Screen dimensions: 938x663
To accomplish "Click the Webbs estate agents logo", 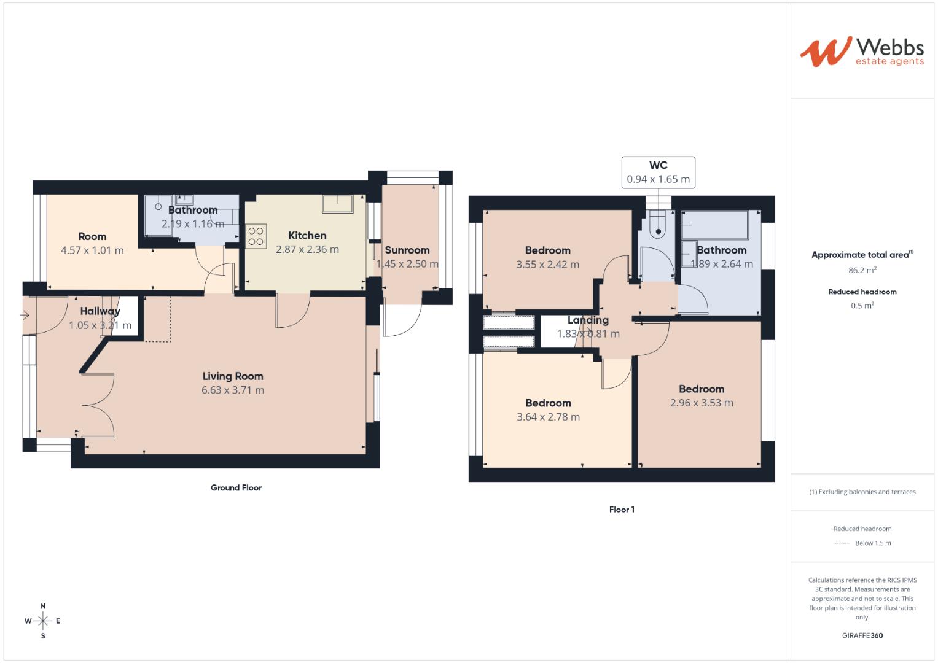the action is [862, 52].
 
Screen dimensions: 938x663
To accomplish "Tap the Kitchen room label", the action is [307, 236].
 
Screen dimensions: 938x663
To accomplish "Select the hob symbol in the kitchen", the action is [256, 236].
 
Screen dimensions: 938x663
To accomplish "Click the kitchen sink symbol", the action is [337, 204].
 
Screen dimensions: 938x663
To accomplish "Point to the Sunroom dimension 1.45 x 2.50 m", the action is [407, 264].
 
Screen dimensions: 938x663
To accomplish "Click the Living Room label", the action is [233, 376].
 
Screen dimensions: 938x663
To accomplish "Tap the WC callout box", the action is [658, 172].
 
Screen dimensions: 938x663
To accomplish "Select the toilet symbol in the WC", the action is [658, 225].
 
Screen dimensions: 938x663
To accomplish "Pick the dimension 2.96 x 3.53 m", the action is [702, 403].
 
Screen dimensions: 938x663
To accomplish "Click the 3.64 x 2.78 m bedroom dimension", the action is [548, 417].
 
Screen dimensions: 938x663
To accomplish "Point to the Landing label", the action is [588, 320].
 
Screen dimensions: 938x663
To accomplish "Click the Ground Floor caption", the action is [236, 487].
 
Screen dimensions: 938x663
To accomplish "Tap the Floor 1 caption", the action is [622, 510].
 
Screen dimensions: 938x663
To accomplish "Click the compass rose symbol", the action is [43, 621].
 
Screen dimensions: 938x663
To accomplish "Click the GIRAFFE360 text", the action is [862, 635].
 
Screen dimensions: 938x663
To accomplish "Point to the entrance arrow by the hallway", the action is [25, 316].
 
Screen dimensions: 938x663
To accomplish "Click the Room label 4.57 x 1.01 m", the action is [92, 250].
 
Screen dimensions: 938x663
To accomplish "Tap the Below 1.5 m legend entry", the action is [872, 543].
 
